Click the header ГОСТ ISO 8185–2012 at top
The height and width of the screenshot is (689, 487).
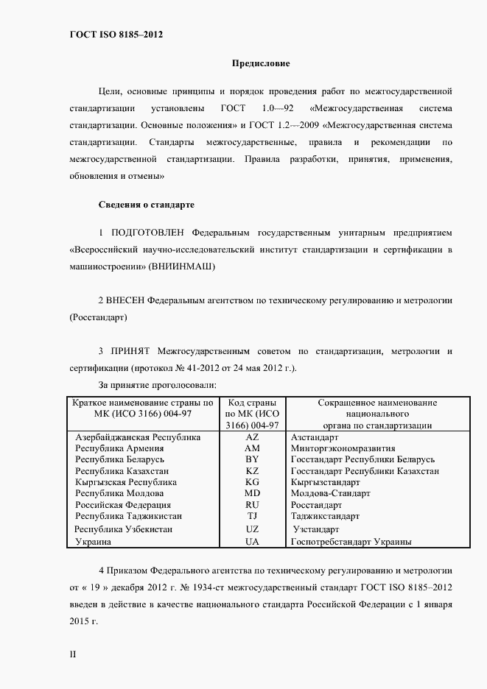[x=116, y=35]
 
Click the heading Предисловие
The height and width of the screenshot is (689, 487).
[x=262, y=64]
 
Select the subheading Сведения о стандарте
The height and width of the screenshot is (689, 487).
[x=146, y=202]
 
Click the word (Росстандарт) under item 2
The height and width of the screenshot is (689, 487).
[x=97, y=317]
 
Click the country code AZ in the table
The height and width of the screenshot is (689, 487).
[x=252, y=437]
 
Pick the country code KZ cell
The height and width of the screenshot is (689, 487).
[x=252, y=470]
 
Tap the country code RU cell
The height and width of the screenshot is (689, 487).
[x=252, y=505]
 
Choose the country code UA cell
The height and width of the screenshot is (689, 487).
[x=252, y=541]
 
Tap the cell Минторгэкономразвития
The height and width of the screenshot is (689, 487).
[x=343, y=448]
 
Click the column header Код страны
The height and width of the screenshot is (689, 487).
[x=252, y=403]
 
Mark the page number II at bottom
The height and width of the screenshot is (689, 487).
[x=72, y=654]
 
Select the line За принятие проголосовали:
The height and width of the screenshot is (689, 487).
[x=156, y=385]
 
